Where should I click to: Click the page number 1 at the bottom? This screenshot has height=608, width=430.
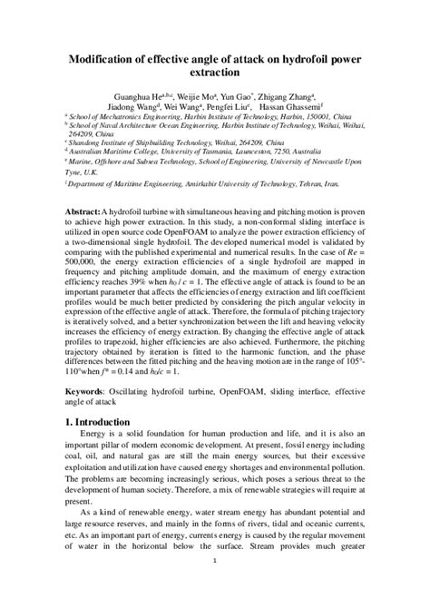coord(214,585)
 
